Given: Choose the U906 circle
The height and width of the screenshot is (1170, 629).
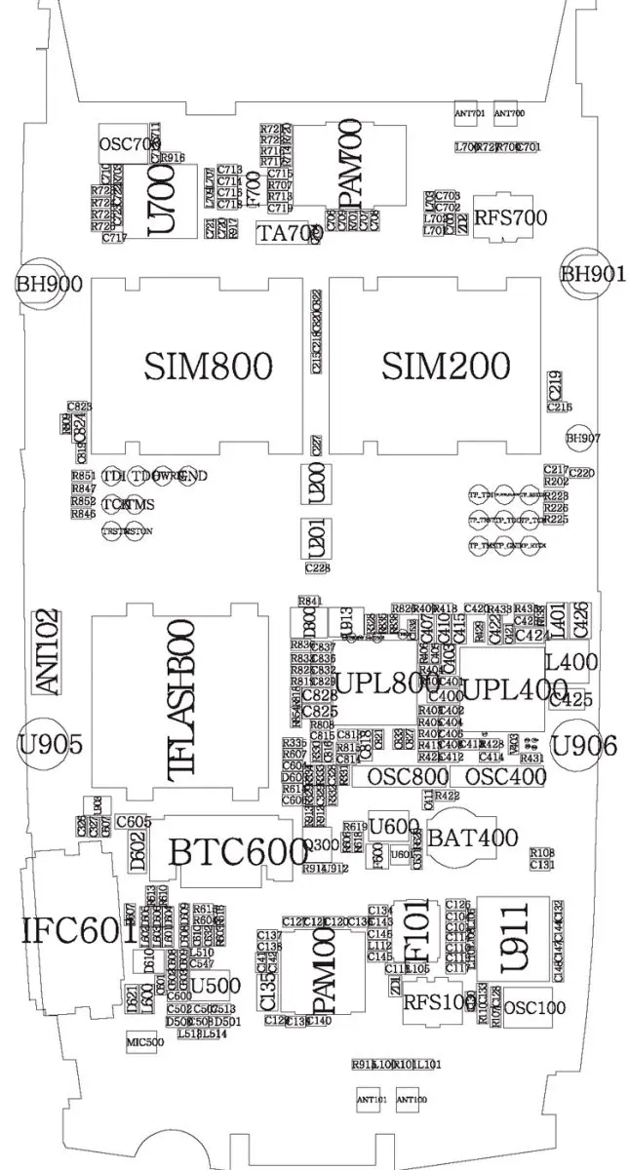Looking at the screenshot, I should tap(583, 746).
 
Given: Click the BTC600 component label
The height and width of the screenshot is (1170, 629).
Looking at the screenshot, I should tap(237, 851).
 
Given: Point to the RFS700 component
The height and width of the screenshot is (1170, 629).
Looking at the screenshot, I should tap(510, 217).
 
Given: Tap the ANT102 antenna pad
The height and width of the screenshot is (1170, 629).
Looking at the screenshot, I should tap(46, 651).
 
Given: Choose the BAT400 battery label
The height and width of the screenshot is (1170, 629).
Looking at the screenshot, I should tap(473, 837).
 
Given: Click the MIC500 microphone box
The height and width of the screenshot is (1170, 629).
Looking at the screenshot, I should tap(144, 1042).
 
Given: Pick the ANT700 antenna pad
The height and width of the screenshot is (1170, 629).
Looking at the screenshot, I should tap(509, 113).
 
